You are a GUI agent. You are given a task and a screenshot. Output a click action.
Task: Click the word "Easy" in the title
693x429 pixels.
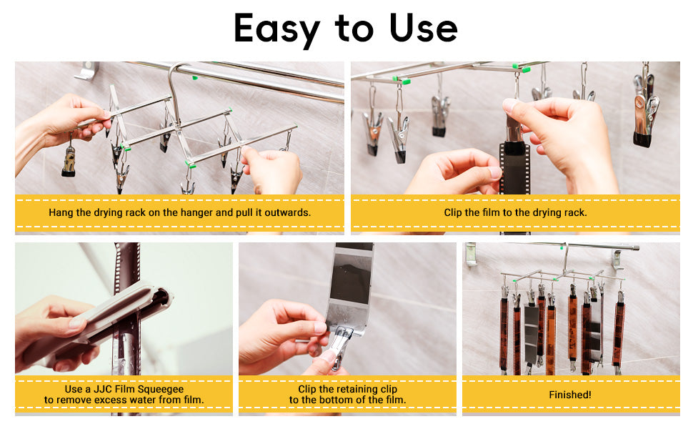[276, 29]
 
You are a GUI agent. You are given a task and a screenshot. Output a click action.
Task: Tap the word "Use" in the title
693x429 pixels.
[423, 28]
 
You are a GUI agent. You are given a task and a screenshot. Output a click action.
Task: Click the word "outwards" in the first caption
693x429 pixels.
[288, 212]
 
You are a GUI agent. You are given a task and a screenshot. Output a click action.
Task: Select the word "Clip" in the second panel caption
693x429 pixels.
[452, 213]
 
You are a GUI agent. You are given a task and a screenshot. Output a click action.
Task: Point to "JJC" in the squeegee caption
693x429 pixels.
[103, 389]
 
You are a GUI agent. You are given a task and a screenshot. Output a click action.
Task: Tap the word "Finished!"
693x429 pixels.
[570, 395]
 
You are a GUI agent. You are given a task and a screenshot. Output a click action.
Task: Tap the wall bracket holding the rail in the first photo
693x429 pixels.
[86, 71]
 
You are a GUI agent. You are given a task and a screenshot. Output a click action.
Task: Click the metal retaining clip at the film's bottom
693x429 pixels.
[340, 344]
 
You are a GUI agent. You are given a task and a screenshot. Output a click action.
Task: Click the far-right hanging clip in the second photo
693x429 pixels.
[645, 111]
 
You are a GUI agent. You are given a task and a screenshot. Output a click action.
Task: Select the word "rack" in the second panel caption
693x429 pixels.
[576, 213]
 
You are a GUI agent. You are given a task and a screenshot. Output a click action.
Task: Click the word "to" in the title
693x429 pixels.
[354, 29]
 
